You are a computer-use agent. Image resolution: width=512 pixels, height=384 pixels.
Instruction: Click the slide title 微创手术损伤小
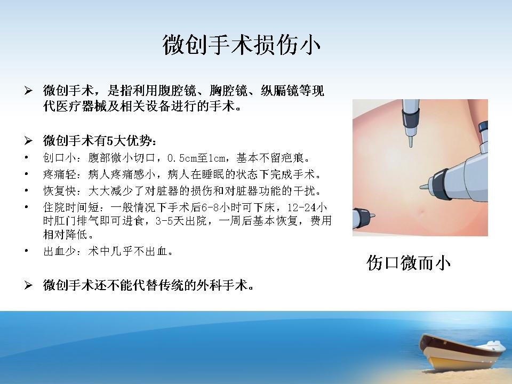click(241, 45)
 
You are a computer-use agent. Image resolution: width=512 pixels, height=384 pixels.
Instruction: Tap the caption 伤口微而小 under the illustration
click(409, 263)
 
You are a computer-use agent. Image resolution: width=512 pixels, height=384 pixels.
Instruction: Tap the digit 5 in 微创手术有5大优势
click(110, 141)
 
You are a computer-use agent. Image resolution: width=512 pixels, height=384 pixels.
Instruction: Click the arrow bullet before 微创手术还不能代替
click(28, 285)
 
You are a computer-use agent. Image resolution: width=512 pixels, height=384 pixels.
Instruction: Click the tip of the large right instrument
click(421, 187)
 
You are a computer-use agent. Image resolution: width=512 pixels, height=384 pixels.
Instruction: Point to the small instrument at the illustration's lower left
click(363, 218)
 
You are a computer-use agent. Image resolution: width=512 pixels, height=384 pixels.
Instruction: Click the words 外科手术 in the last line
click(222, 285)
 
